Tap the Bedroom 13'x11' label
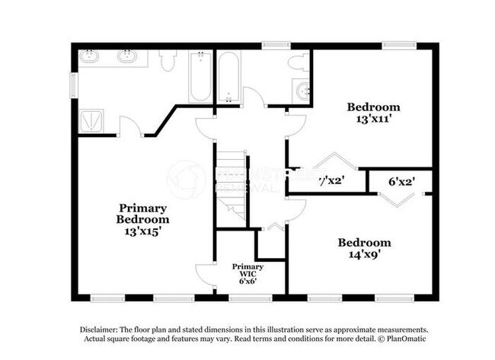(x=373, y=113)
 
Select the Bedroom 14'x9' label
(x=364, y=249)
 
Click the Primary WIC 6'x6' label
(x=248, y=273)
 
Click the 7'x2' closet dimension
(x=331, y=182)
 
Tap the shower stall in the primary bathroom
(x=95, y=120)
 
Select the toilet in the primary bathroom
(x=168, y=59)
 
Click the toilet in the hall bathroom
(x=299, y=62)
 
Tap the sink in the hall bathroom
(x=303, y=92)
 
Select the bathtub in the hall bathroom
(x=228, y=76)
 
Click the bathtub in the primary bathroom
(x=200, y=76)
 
